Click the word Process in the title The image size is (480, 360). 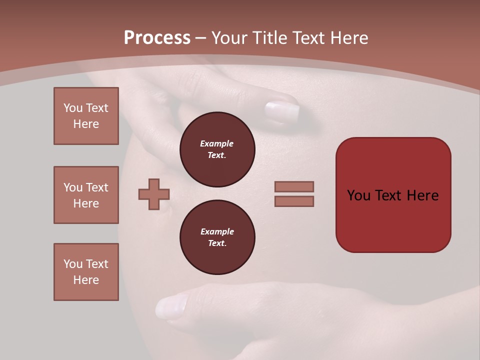point(157,38)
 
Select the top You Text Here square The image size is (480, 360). point(86,116)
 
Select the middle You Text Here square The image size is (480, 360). point(86,195)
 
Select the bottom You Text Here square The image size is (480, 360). point(86,272)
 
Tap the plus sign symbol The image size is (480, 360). point(154,194)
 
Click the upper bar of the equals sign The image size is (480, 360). point(294,187)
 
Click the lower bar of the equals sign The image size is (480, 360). point(294,201)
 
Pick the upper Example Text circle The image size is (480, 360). point(217,149)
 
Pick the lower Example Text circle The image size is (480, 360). point(217,237)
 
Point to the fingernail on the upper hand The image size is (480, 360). point(281,111)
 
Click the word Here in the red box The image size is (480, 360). point(422,195)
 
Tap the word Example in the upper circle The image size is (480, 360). point(217,143)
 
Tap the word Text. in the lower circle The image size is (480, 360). point(217,243)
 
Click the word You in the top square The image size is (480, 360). point(73,108)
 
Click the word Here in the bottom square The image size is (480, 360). point(86,280)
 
